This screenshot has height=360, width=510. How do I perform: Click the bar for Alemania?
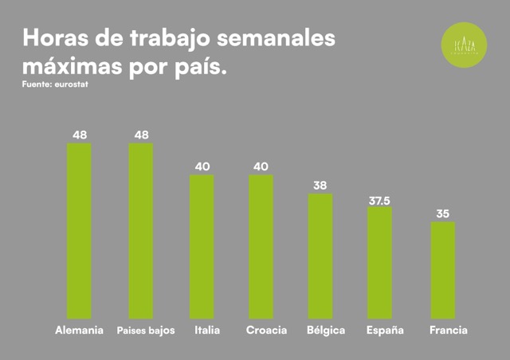pos(79,231)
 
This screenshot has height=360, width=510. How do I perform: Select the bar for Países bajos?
pos(140,231)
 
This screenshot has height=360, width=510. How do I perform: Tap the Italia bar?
pos(202,247)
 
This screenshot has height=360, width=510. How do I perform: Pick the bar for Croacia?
pos(261,247)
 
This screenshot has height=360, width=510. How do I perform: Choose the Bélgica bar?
pos(320,256)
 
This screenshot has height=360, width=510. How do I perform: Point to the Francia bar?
pos(443,270)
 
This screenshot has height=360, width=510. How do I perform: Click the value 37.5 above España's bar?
pos(379,199)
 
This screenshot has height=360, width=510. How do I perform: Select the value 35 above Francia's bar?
pos(443,213)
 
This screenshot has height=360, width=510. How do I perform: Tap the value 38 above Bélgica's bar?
pos(320,185)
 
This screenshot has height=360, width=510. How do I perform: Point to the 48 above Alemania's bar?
pos(79,135)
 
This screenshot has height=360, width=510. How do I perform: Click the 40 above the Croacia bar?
pos(261,166)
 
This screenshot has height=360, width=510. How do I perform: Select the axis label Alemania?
pos(79,330)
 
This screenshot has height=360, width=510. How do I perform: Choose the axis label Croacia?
pos(266,330)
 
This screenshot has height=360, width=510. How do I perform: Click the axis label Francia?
pos(448,330)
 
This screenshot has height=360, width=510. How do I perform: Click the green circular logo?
pos(464,43)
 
